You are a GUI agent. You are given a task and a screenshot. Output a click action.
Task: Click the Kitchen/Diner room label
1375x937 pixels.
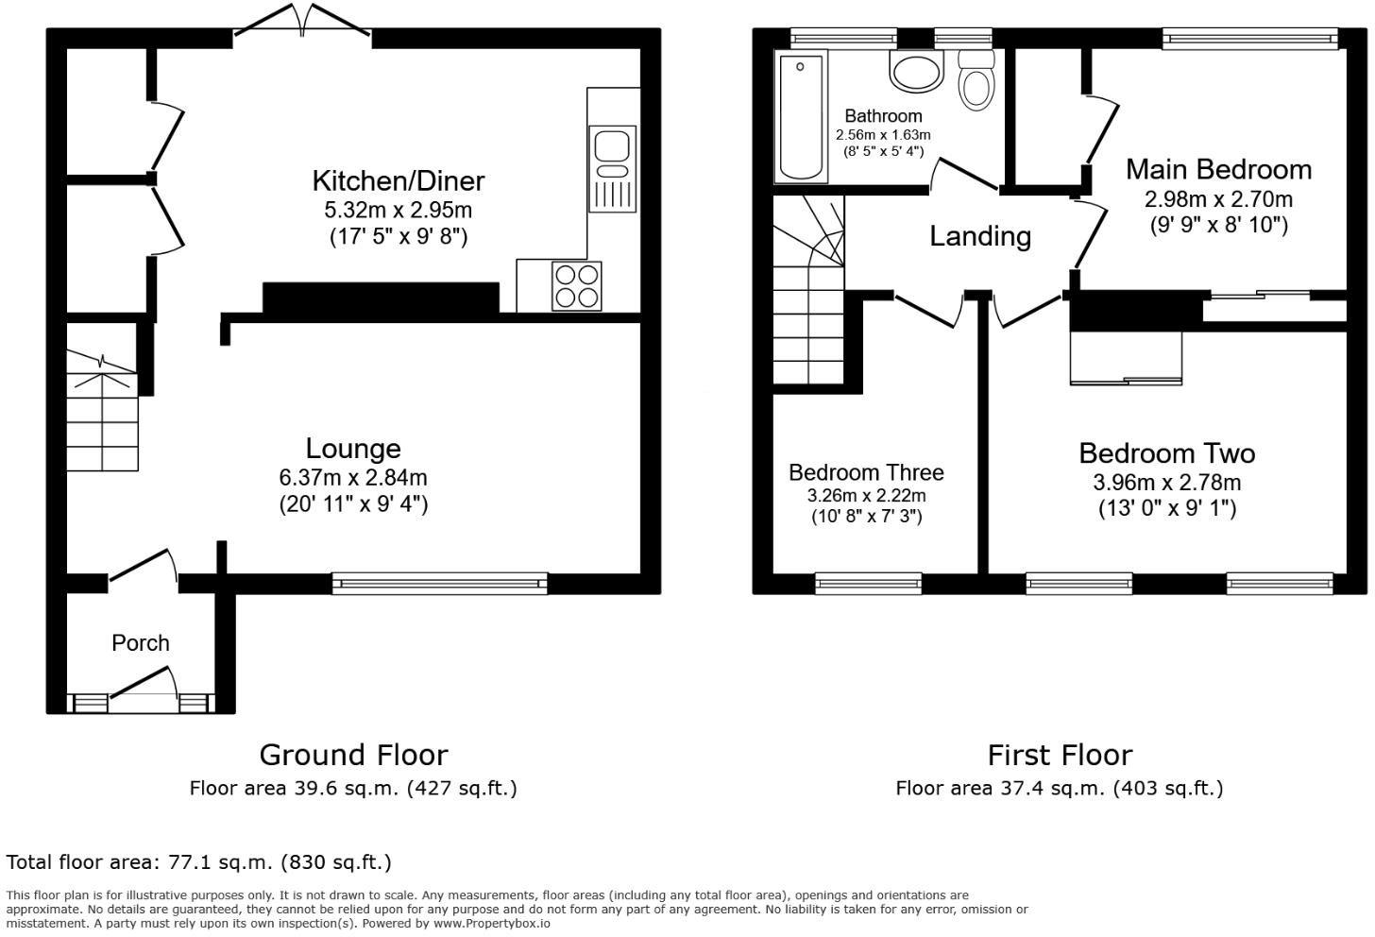pyautogui.click(x=398, y=180)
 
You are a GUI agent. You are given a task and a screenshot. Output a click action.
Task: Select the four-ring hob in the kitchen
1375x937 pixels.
pyautogui.click(x=576, y=285)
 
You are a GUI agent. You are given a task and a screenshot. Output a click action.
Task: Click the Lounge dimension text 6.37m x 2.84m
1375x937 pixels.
pyautogui.click(x=353, y=478)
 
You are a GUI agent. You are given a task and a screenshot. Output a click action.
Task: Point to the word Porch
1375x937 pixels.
pyautogui.click(x=141, y=643)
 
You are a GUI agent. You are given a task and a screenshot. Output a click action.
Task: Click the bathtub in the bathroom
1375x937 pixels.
pyautogui.click(x=801, y=117)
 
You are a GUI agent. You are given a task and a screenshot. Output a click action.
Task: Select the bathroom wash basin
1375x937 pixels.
pyautogui.click(x=916, y=72)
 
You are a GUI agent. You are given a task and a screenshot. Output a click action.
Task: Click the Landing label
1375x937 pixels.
pyautogui.click(x=979, y=236)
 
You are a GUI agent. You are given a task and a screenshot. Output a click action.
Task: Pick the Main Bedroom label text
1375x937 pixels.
pyautogui.click(x=1218, y=170)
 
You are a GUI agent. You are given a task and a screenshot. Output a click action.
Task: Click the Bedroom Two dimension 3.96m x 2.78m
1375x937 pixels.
pyautogui.click(x=1166, y=483)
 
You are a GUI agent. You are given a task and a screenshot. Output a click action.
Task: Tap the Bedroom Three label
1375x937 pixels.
pyautogui.click(x=866, y=472)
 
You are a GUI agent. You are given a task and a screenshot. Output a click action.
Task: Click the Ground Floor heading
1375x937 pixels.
pyautogui.click(x=353, y=755)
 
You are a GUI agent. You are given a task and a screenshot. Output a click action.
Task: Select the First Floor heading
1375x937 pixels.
pyautogui.click(x=1060, y=755)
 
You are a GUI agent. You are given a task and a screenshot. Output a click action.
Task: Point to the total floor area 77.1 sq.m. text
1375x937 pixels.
pyautogui.click(x=198, y=861)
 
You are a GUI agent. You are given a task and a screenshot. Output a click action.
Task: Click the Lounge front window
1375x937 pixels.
pyautogui.click(x=439, y=584)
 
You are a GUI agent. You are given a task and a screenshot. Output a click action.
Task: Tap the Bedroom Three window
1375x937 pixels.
pyautogui.click(x=868, y=584)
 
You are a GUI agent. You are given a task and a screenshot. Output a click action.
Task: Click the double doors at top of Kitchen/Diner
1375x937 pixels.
pyautogui.click(x=303, y=23)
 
